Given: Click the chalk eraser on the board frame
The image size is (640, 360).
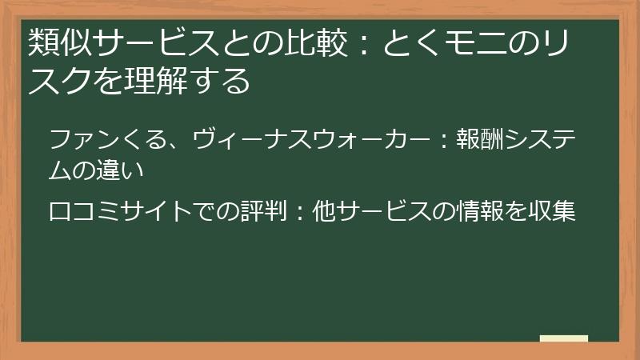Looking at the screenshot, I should pos(563,339).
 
